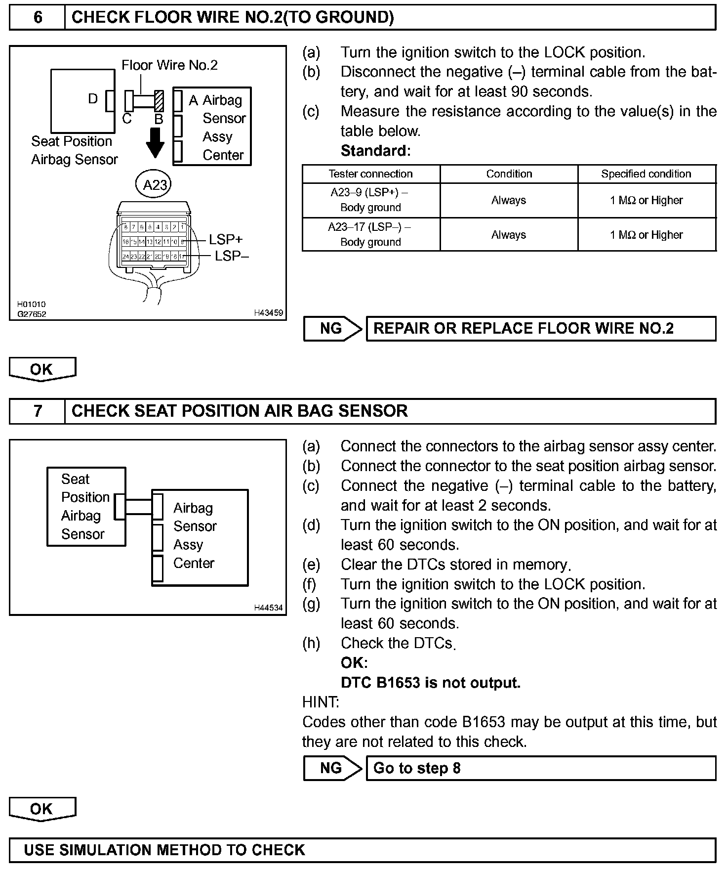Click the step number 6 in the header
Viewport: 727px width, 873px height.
tap(38, 18)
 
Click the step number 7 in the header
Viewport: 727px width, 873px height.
tap(38, 411)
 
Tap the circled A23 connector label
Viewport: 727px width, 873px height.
tap(155, 185)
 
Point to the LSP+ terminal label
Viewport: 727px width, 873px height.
tap(226, 240)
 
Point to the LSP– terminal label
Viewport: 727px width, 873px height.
tap(232, 256)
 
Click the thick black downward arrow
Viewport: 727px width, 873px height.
tap(156, 142)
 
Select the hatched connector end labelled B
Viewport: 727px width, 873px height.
tap(159, 101)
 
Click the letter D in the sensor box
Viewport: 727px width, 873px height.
tap(93, 99)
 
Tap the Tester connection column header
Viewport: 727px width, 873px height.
tap(370, 174)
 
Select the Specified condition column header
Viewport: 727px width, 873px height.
tap(646, 174)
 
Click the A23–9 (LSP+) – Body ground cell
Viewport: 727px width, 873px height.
tap(370, 200)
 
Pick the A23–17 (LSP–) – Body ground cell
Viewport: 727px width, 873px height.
tap(370, 235)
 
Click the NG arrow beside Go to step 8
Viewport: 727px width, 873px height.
tap(332, 768)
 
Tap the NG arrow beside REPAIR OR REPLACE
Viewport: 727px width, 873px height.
tap(332, 329)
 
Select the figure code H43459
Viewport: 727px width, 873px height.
tap(268, 313)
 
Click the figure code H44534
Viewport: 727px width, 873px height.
tap(268, 608)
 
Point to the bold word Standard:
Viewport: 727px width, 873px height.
tap(375, 151)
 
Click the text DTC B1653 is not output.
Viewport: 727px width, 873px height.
tap(431, 683)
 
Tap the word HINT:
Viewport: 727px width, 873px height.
tap(321, 702)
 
